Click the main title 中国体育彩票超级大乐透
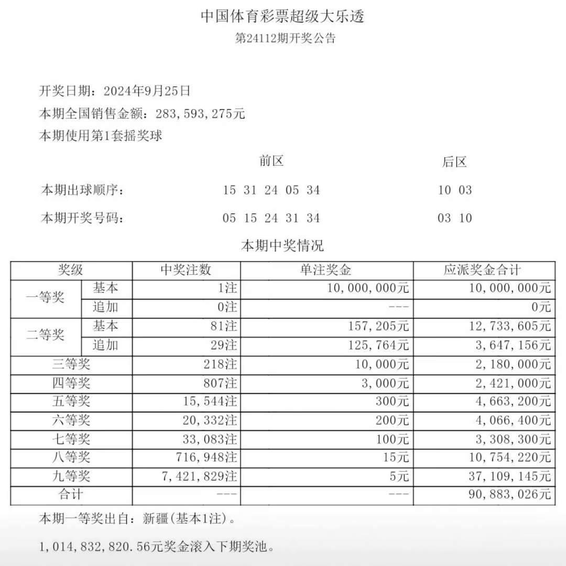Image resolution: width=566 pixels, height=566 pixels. coord(282,16)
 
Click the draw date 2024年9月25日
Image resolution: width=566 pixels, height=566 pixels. coord(147,91)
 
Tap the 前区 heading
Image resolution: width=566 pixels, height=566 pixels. coord(271,161)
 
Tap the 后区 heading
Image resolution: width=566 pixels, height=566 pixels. coord(454,162)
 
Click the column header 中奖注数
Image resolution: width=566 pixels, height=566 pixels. coord(186,270)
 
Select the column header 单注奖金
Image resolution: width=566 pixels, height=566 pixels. coord(326,270)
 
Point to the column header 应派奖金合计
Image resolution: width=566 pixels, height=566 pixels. coord(483,270)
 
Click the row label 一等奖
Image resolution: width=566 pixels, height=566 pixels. coord(46,298)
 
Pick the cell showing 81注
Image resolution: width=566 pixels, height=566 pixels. coord(223,326)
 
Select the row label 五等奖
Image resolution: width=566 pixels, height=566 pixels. coord(71,401)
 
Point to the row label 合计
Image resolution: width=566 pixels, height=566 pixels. coord(71,494)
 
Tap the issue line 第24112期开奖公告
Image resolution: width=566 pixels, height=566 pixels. coord(285,38)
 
